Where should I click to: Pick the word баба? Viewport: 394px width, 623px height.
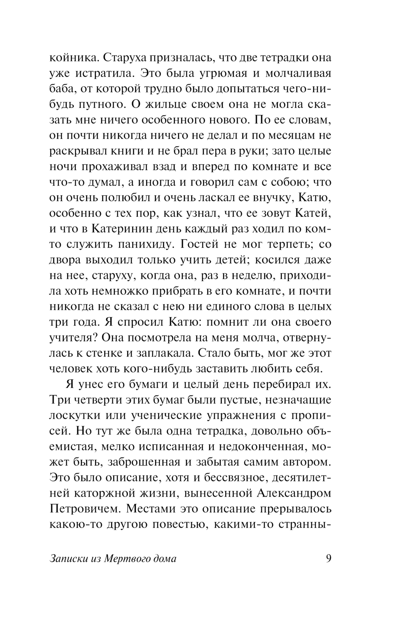(62, 89)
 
